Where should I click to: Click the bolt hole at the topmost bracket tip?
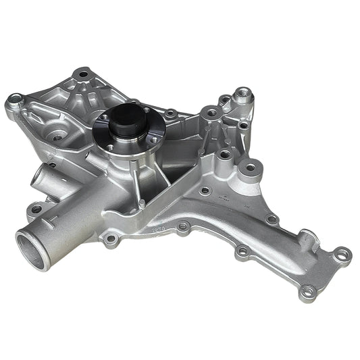point(83,73)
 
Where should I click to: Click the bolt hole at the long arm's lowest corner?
point(309,292)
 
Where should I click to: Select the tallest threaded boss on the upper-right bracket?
point(241,95)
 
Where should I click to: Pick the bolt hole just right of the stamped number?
point(182,227)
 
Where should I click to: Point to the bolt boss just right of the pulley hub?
point(172,113)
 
